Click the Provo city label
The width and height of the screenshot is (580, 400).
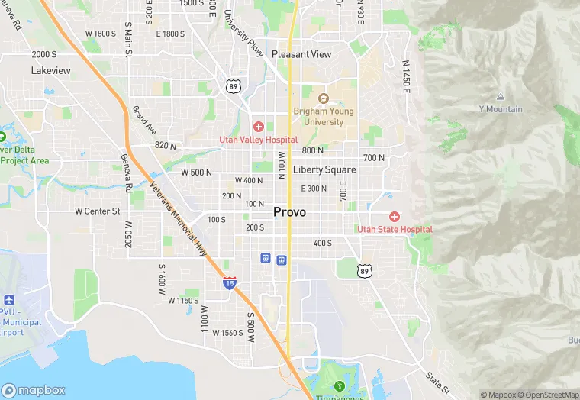click(x=289, y=212)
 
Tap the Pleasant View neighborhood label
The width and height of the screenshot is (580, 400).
click(x=301, y=54)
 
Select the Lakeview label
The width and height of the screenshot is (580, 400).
click(x=51, y=70)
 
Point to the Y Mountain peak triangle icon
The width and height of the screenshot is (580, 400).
click(x=501, y=97)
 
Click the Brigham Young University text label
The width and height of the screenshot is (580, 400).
click(x=324, y=117)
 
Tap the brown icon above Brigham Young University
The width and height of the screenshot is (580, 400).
click(x=323, y=98)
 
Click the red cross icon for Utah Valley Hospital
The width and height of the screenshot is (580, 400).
click(x=259, y=127)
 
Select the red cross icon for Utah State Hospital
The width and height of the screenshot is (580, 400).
click(x=395, y=217)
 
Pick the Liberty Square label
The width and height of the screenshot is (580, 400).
click(x=324, y=169)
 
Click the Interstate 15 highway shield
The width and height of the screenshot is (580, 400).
click(x=230, y=283)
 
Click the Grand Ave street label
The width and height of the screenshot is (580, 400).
click(x=144, y=121)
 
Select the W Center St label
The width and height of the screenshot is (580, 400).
click(x=98, y=211)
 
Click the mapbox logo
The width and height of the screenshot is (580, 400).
click(x=34, y=390)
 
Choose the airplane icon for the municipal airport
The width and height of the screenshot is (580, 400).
click(x=8, y=300)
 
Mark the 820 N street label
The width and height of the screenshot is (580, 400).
click(x=166, y=146)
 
